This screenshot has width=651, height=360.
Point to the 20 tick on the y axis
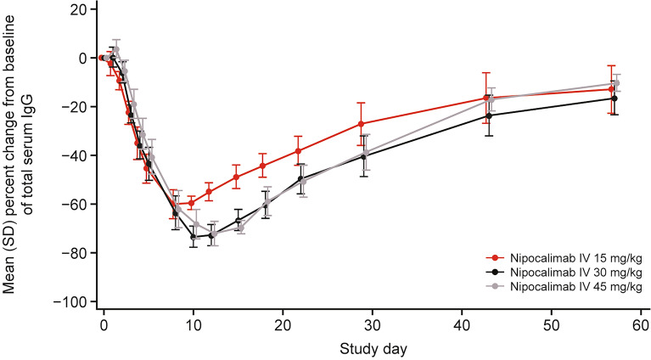coord(81,9)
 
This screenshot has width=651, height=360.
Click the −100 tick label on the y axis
coord(72,302)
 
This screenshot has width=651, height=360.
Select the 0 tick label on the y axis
coord(84,58)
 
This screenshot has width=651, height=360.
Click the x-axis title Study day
coord(372,348)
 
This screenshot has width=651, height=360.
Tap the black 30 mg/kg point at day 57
coord(614,98)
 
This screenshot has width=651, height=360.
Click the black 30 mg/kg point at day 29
coord(364,156)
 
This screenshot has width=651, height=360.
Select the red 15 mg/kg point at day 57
coord(611,89)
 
